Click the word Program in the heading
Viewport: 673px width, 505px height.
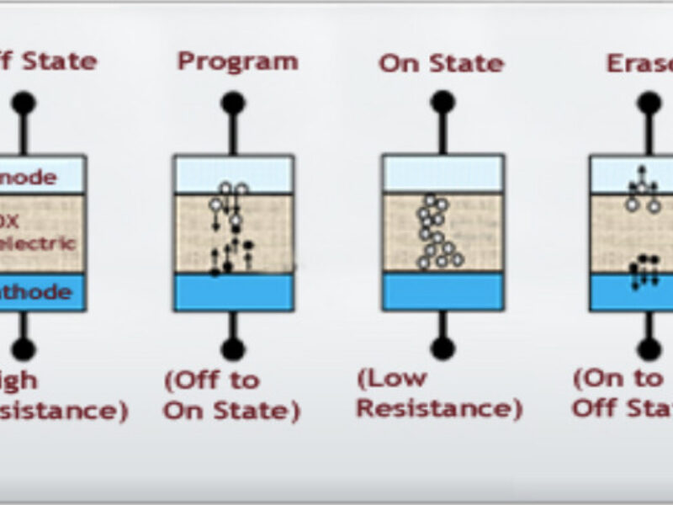click(237, 62)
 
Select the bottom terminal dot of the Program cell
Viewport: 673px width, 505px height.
click(233, 348)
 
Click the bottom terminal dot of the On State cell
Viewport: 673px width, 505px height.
click(442, 348)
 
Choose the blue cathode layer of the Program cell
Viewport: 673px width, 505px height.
click(233, 292)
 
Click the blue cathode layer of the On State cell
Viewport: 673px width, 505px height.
click(442, 292)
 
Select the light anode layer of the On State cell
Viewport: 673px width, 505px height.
click(442, 175)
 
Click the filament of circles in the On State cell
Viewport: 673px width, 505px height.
click(437, 231)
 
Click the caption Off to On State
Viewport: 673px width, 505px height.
click(231, 395)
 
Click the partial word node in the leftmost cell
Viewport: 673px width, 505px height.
click(30, 178)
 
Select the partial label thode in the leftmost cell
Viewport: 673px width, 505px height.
click(34, 293)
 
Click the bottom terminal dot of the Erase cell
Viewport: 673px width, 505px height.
click(649, 348)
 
